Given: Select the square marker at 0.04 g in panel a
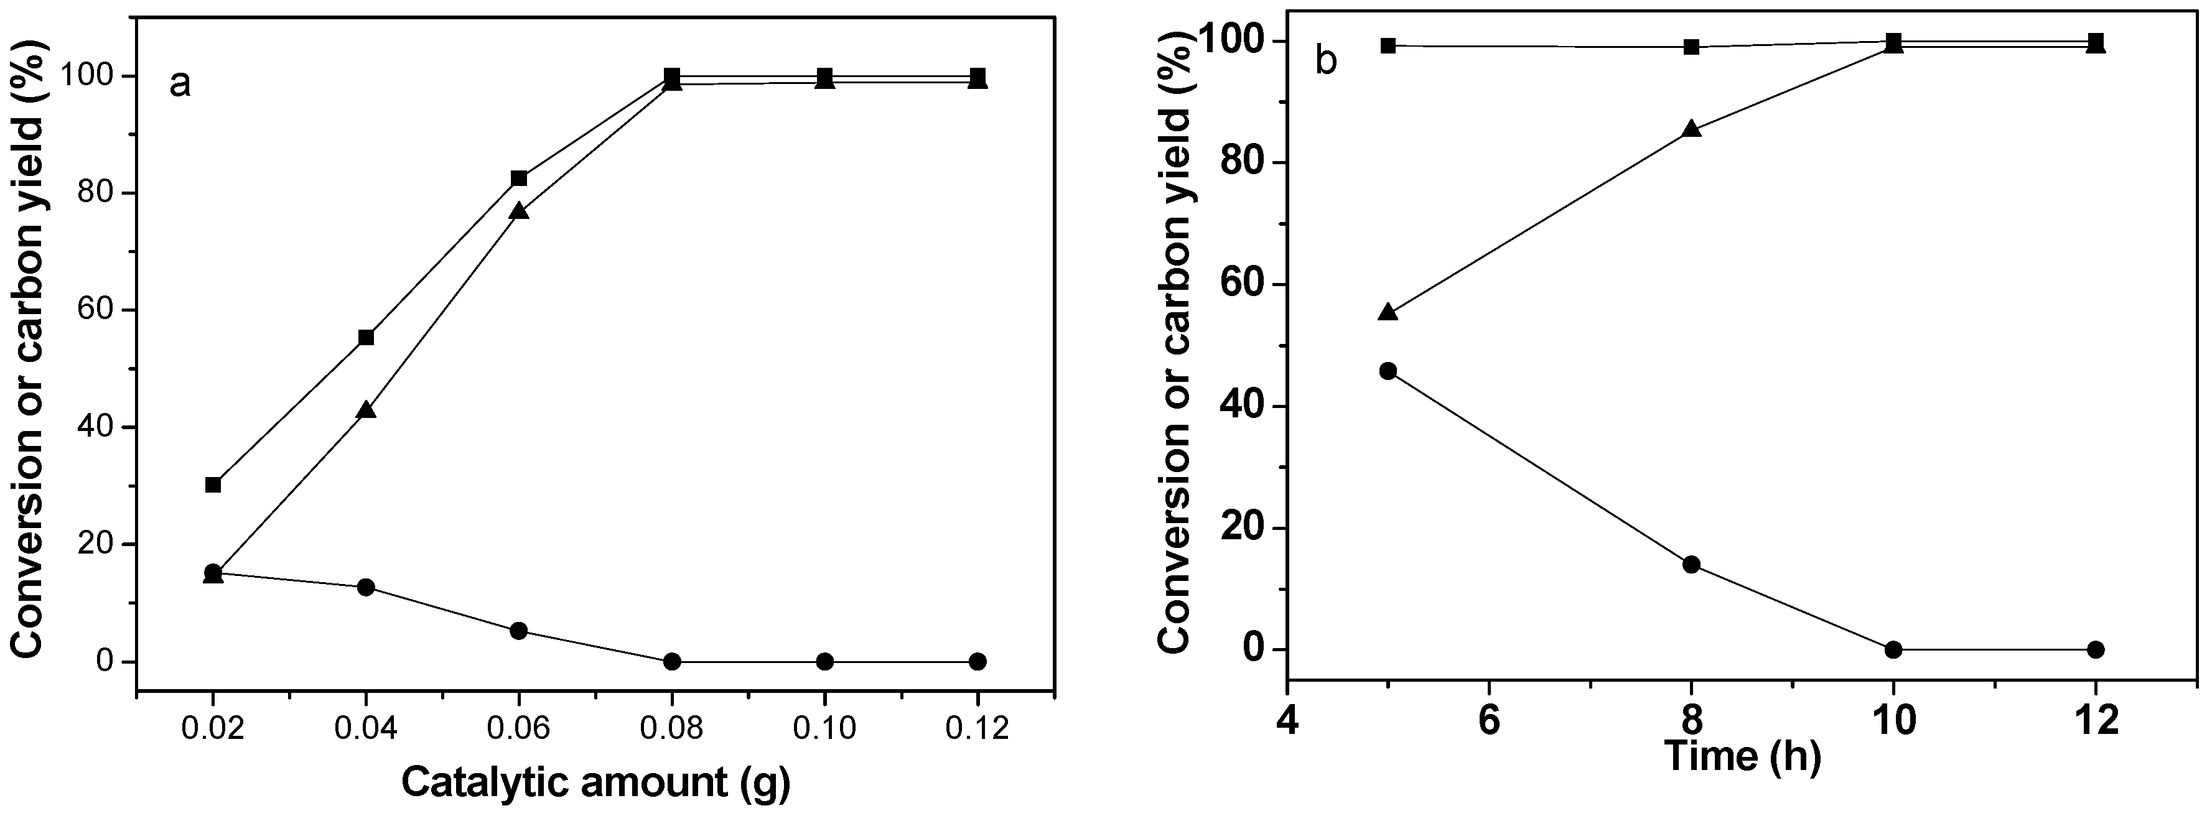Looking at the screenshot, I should [x=366, y=337].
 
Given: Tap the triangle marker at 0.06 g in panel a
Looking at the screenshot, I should [x=518, y=211].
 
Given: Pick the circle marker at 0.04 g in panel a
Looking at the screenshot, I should [x=366, y=587].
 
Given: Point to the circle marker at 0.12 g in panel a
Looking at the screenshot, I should [x=978, y=661].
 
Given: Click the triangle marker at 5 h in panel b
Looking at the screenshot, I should [x=1388, y=312].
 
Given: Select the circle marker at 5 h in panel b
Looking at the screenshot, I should [x=1388, y=371].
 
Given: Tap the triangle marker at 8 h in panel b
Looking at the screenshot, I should [x=1691, y=129].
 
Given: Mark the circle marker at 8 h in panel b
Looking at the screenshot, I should [x=1691, y=564].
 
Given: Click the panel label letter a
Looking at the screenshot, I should [x=180, y=85].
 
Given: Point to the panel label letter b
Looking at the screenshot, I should [x=1325, y=62].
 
